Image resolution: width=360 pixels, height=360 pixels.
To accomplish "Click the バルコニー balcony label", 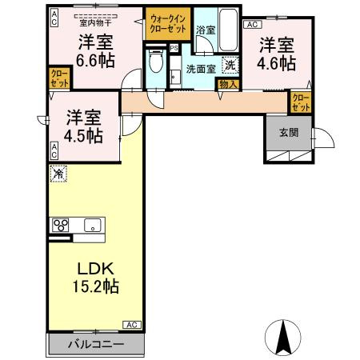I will [95, 344].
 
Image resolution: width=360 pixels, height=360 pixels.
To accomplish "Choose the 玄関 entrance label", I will [289, 133].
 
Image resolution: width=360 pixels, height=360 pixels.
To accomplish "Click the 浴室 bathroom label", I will [206, 30].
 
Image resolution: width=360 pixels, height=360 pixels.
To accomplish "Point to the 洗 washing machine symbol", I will [230, 66].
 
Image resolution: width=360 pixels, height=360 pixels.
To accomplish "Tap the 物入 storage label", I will [227, 82].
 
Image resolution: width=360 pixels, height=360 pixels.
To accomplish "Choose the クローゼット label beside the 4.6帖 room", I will [301, 102].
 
